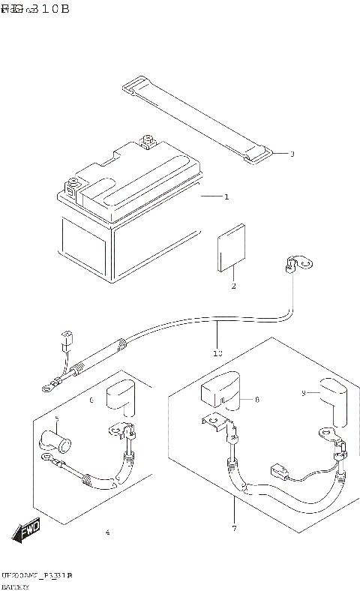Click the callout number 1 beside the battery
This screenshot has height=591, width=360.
pyautogui.click(x=226, y=196)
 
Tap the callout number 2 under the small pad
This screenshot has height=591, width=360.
pyautogui.click(x=233, y=286)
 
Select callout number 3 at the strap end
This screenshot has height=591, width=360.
pyautogui.click(x=292, y=154)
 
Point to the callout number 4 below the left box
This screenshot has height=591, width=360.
pyautogui.click(x=107, y=533)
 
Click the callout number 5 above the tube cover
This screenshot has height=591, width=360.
pyautogui.click(x=55, y=419)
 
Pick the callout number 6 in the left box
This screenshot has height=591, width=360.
pyautogui.click(x=91, y=401)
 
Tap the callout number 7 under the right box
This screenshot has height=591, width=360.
pyautogui.click(x=233, y=529)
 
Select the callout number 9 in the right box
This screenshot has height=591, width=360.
pyautogui.click(x=302, y=392)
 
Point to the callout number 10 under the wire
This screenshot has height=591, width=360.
pyautogui.click(x=217, y=352)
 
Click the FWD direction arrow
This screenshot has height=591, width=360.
pyautogui.click(x=25, y=531)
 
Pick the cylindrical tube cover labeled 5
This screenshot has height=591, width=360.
pyautogui.click(x=55, y=442)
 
